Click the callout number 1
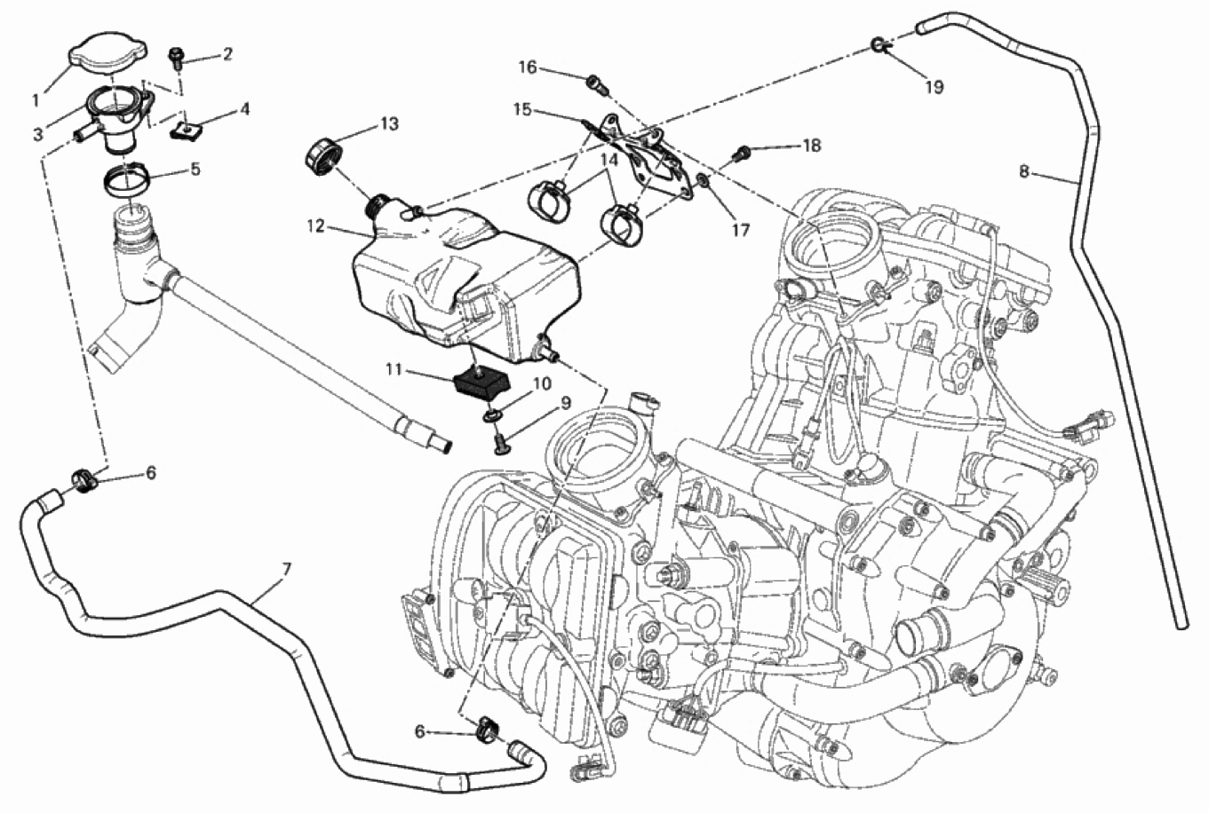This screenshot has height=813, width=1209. click(36, 98)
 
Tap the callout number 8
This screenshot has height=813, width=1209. click(1024, 171)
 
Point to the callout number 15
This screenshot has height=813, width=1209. click(521, 109)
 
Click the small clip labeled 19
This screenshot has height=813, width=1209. click(879, 45)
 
